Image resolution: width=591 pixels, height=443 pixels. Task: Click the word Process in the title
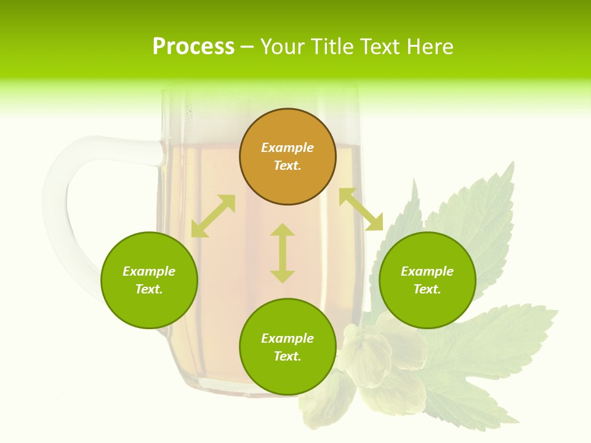coord(193,47)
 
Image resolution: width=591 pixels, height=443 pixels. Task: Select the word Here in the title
coord(429,47)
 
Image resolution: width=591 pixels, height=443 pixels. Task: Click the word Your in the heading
coord(283,47)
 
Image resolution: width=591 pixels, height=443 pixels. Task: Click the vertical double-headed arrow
coord(283,253)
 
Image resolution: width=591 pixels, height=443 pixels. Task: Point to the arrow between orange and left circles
coord(213,216)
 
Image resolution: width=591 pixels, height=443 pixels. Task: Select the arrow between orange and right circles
coord(361,209)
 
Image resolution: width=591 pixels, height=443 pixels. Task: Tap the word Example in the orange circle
coord(287,148)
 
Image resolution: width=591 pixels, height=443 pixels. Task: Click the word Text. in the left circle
coord(149,289)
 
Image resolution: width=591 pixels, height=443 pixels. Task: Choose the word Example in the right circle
coord(427,271)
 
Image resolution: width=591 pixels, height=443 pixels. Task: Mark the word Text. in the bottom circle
coord(287,356)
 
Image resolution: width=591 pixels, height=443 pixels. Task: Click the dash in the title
coord(247,47)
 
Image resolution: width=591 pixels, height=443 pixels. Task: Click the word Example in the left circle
coord(149,271)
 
